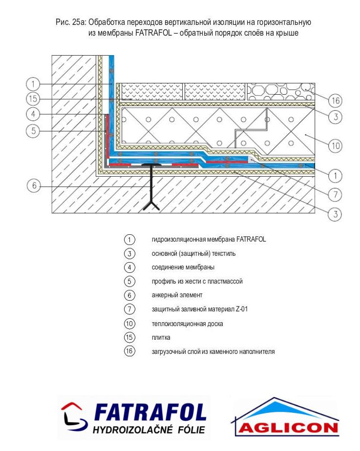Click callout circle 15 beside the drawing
33,99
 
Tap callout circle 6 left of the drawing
34,185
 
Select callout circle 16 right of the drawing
336,101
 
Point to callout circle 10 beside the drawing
336,146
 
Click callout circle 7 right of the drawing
336,195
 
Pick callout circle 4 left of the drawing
33,114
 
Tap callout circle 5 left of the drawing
33,131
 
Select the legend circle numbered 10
129,324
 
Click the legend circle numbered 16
129,351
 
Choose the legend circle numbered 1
129,239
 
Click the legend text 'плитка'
161,337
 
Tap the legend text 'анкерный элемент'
177,295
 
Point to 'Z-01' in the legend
241,309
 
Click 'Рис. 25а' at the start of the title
71,22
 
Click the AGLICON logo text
288,428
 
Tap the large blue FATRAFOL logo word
150,412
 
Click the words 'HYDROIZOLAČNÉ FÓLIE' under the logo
148,430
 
